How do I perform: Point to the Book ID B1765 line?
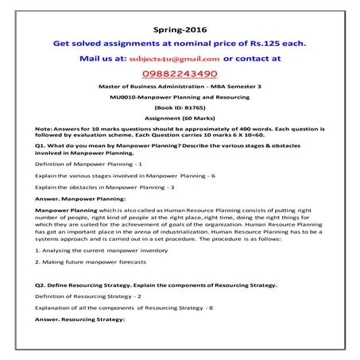(x=180, y=105)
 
